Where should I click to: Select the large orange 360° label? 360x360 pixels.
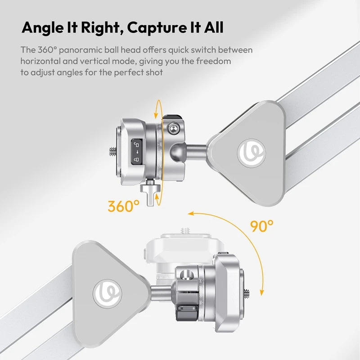124,207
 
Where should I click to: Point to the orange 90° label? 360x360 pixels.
263,226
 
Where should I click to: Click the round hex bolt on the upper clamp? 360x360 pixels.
171,129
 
